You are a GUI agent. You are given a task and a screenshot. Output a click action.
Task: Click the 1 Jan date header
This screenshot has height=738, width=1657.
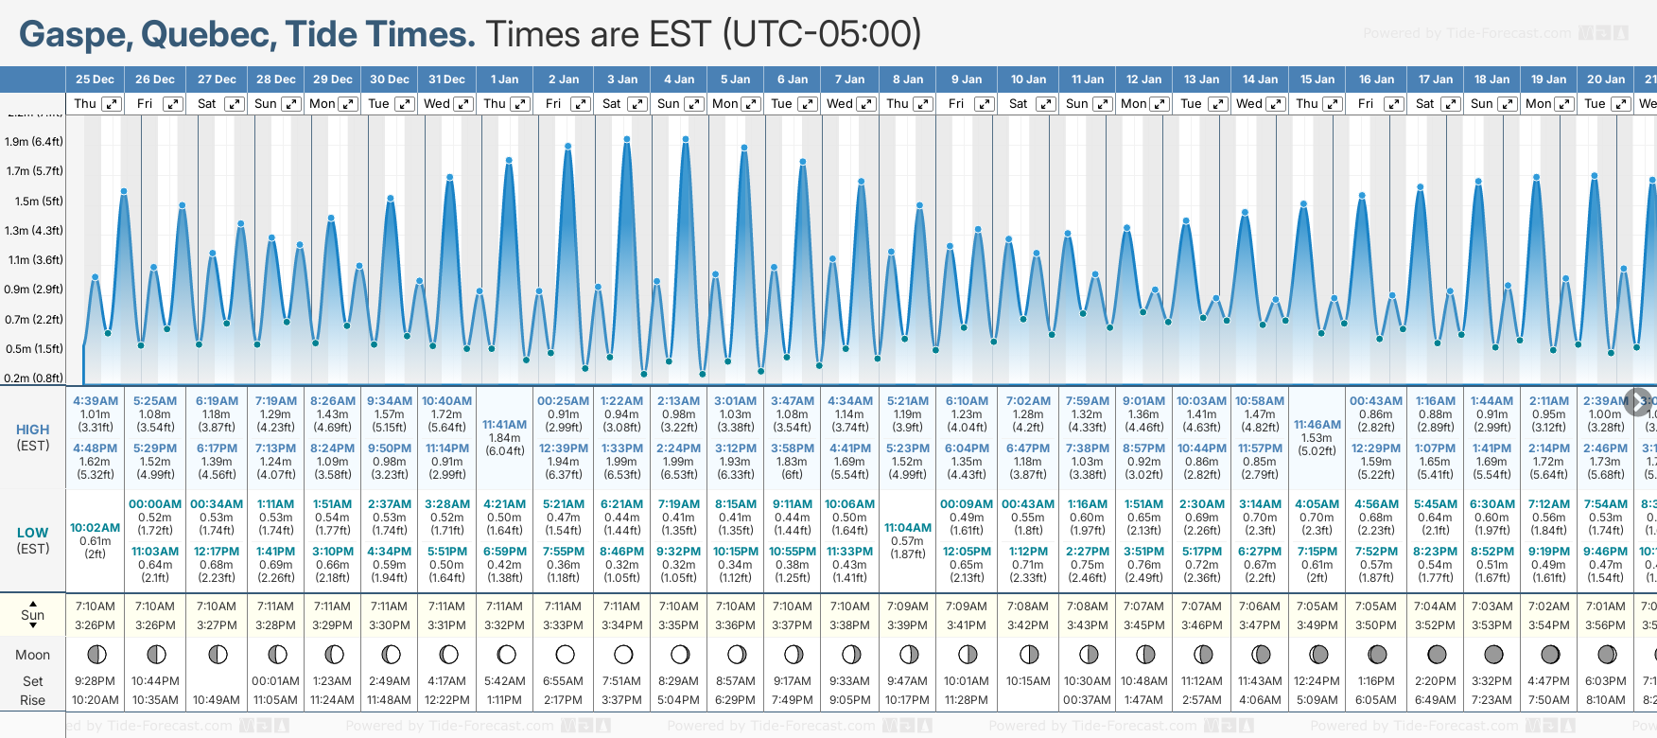pyautogui.click(x=504, y=79)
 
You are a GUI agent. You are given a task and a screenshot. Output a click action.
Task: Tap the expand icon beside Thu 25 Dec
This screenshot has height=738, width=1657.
pyautogui.click(x=112, y=104)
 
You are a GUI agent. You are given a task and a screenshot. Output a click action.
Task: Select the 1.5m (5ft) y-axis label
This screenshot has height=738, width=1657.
pyautogui.click(x=34, y=201)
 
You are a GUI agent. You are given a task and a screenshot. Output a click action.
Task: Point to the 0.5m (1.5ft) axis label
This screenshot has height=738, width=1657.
pyautogui.click(x=34, y=348)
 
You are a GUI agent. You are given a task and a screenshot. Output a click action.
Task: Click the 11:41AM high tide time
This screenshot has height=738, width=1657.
pyautogui.click(x=504, y=425)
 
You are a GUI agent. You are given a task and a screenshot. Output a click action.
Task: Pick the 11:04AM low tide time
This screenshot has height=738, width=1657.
pyautogui.click(x=907, y=528)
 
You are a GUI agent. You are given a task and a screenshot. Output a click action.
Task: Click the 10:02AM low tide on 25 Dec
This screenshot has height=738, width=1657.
pyautogui.click(x=96, y=528)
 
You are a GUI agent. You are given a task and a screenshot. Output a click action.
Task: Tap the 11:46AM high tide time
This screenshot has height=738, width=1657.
pyautogui.click(x=1317, y=425)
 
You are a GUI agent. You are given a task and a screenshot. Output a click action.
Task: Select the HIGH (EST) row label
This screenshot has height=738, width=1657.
pyautogui.click(x=33, y=437)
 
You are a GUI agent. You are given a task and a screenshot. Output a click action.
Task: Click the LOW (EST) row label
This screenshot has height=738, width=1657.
pyautogui.click(x=33, y=540)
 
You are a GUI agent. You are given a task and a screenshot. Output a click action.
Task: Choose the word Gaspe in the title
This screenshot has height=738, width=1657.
pyautogui.click(x=76, y=35)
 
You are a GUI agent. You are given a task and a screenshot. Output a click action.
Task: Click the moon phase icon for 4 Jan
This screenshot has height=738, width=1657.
pyautogui.click(x=679, y=654)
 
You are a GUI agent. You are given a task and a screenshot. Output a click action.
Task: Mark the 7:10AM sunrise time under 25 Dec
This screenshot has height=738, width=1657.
pyautogui.click(x=96, y=606)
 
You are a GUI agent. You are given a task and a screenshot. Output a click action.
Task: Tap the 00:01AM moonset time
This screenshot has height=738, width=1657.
pyautogui.click(x=275, y=681)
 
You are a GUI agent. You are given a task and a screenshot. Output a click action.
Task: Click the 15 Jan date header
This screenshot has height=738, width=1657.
pyautogui.click(x=1317, y=79)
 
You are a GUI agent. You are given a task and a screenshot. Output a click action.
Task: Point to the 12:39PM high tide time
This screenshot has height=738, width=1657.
pyautogui.click(x=564, y=448)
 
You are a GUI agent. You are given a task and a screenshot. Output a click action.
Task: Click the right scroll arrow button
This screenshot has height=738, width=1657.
pyautogui.click(x=1638, y=401)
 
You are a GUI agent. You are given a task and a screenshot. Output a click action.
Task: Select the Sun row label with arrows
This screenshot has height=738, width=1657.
pyautogui.click(x=33, y=615)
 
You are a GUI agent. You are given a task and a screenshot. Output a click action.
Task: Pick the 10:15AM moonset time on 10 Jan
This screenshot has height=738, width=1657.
pyautogui.click(x=1028, y=681)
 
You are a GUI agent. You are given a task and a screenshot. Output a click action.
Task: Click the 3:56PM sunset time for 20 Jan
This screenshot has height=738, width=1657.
pyautogui.click(x=1606, y=625)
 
